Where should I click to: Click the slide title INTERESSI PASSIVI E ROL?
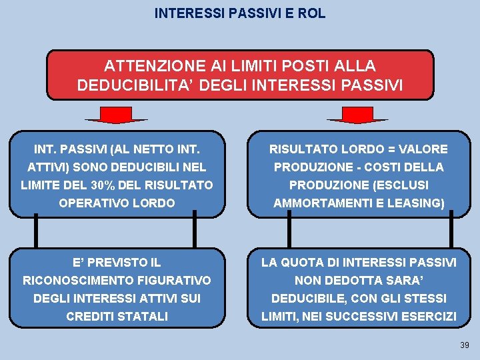(240, 13)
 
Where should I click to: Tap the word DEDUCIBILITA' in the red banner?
(133, 85)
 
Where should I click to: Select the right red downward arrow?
(357, 116)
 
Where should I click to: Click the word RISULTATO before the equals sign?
(301, 149)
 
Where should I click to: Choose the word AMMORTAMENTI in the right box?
(318, 203)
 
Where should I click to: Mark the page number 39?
(464, 345)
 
